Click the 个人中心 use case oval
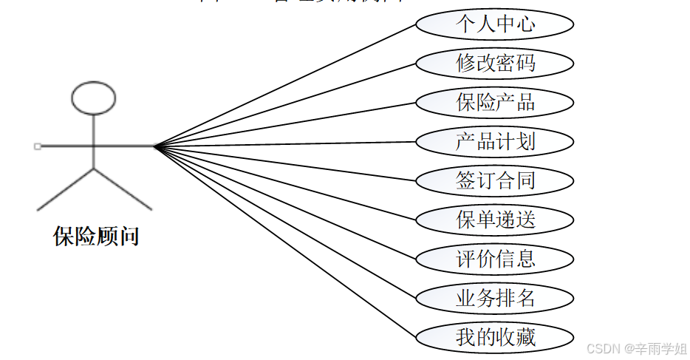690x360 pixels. click(494, 24)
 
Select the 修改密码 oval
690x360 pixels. click(494, 64)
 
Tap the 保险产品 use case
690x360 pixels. click(494, 103)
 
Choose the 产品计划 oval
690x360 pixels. click(494, 142)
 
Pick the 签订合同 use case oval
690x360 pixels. click(494, 180)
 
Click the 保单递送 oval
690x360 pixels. click(494, 220)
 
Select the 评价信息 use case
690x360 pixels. click(494, 259)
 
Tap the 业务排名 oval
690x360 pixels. click(494, 299)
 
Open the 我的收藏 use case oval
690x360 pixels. click(494, 338)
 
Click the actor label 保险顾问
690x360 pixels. click(96, 237)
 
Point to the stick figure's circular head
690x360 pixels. click(93, 98)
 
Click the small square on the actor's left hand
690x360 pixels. click(38, 146)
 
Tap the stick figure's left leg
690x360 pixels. click(65, 190)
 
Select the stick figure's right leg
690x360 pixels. click(123, 190)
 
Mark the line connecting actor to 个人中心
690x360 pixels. click(288, 84)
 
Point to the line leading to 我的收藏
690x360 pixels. click(288, 243)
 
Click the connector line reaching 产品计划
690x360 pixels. click(288, 144)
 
